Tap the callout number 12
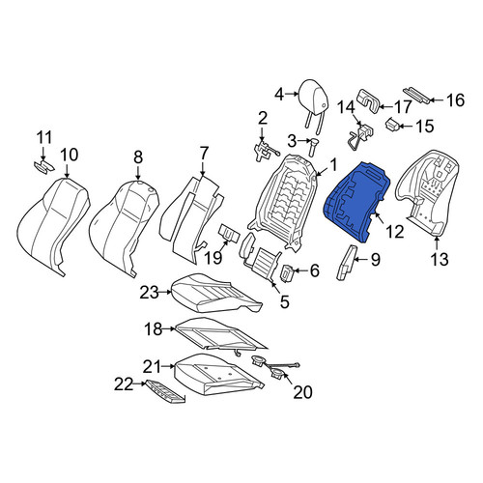(x=395, y=231)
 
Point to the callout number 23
(x=150, y=293)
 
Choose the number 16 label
(x=456, y=99)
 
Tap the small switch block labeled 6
(x=288, y=272)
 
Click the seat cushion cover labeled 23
(x=215, y=293)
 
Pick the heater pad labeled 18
(x=220, y=335)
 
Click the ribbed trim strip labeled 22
(x=165, y=391)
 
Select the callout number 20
(x=302, y=392)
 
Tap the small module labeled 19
(x=229, y=234)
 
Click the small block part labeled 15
(x=393, y=125)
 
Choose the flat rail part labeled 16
(x=416, y=95)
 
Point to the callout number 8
(x=138, y=157)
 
